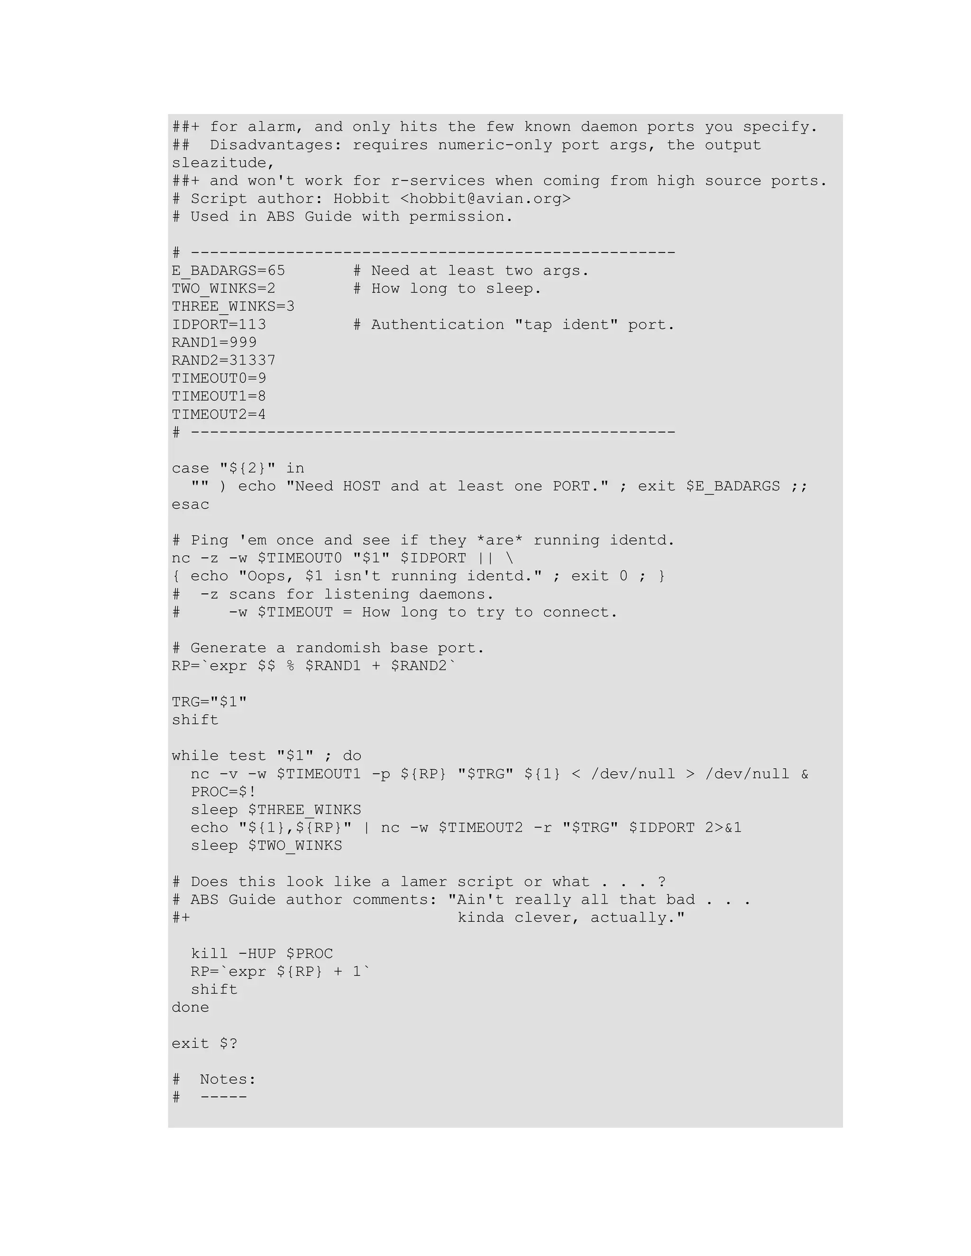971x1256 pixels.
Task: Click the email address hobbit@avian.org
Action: point(485,199)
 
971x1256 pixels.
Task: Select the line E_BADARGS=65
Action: point(229,271)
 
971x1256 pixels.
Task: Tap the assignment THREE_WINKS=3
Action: point(233,307)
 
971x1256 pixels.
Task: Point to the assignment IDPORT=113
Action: point(219,325)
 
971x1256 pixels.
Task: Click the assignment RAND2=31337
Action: point(223,361)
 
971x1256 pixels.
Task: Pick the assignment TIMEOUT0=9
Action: point(219,378)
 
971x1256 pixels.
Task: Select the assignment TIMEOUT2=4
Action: point(219,415)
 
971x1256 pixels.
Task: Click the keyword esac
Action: point(191,505)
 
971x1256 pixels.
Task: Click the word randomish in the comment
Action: point(338,648)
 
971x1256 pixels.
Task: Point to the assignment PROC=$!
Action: point(223,792)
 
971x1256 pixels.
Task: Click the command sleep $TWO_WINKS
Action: point(266,846)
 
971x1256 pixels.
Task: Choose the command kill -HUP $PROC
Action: point(262,954)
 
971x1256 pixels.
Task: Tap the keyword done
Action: point(191,1008)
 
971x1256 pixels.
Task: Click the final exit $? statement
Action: point(204,1044)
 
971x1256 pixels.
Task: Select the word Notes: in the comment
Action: point(228,1079)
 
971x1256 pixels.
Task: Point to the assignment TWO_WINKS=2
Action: point(223,289)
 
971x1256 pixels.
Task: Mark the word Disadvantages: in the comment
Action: point(275,145)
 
